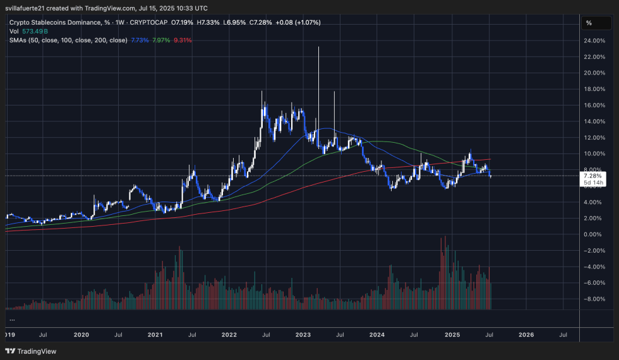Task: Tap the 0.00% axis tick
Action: pyautogui.click(x=594, y=234)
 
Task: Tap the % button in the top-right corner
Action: pyautogui.click(x=589, y=23)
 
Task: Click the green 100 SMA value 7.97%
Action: pyautogui.click(x=161, y=40)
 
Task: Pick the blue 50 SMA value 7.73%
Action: pyautogui.click(x=140, y=40)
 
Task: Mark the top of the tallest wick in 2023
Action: pyautogui.click(x=319, y=47)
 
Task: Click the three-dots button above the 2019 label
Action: pyautogui.click(x=12, y=320)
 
